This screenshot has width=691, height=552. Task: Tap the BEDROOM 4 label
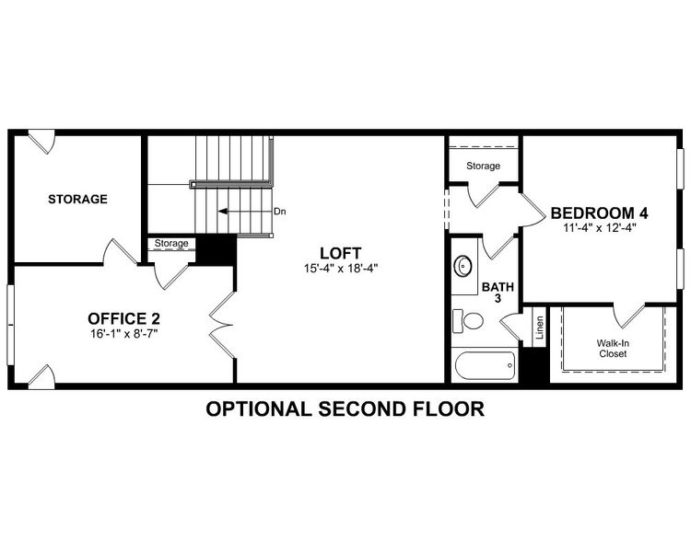600,213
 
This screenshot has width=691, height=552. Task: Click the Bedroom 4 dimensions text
600,227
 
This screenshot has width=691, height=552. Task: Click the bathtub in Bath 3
485,366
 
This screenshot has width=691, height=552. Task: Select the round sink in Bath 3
464,267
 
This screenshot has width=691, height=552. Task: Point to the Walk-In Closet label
613,348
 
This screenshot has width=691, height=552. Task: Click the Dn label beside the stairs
280,212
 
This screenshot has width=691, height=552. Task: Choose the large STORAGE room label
77,199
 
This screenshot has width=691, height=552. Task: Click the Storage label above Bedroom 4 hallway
483,167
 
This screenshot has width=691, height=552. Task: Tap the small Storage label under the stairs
171,244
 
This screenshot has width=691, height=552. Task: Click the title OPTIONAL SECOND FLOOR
345,408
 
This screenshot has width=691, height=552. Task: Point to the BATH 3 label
492,293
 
